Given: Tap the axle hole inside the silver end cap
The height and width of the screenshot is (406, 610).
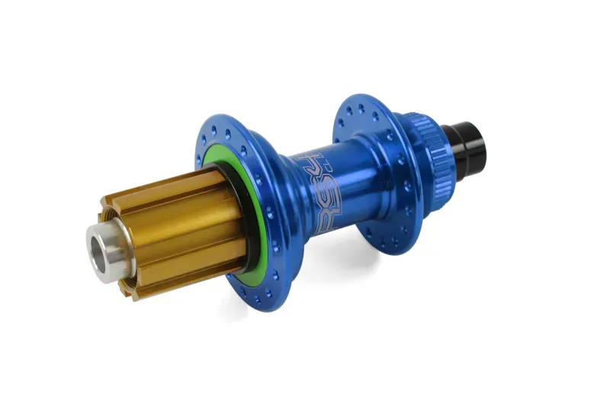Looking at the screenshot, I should [101, 246].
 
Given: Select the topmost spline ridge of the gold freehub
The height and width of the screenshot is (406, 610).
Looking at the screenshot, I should [164, 183].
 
